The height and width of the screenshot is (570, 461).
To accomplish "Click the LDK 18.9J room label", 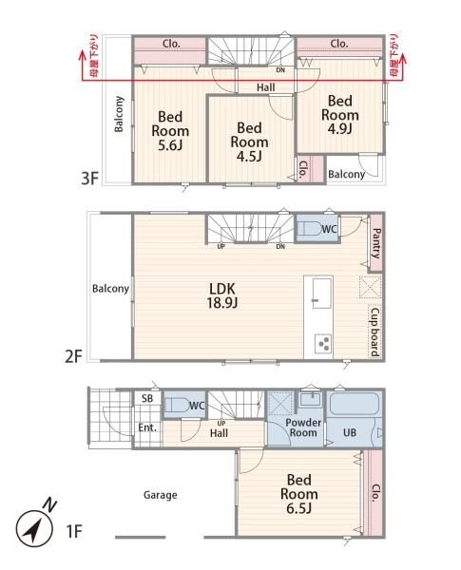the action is pos(222,295).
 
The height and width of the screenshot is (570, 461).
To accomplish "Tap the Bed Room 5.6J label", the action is pos(170,131).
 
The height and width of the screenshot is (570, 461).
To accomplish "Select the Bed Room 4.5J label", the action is pos(249,142).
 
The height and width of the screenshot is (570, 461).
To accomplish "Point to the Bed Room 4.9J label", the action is pos(340,115).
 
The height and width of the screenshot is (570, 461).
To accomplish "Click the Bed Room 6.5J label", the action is pos(298,494).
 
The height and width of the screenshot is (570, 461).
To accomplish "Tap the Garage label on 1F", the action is pos(160,495).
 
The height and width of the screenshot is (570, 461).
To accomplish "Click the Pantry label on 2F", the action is pos(376,243).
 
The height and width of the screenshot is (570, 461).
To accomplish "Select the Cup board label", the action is pos(375,332).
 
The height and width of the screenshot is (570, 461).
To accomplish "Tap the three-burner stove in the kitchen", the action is pos(323,343).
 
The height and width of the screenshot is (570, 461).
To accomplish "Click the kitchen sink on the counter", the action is pos(322,293).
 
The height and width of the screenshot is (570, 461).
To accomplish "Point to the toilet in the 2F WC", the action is pos(310,229).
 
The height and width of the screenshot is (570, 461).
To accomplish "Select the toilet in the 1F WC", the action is pos(177,406).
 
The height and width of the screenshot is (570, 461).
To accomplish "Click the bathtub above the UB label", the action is pos(354,404).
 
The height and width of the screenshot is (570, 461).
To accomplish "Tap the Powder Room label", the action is pos(303,427).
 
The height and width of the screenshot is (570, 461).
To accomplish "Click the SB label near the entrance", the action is pos(147,398).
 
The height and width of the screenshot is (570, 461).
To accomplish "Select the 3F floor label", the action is pos(89,179).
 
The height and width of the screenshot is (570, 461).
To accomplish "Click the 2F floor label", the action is pos(73,356).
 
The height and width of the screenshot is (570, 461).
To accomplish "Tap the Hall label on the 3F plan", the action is pos(266,87).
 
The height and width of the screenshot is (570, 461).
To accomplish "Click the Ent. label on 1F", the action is pos(147,427).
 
